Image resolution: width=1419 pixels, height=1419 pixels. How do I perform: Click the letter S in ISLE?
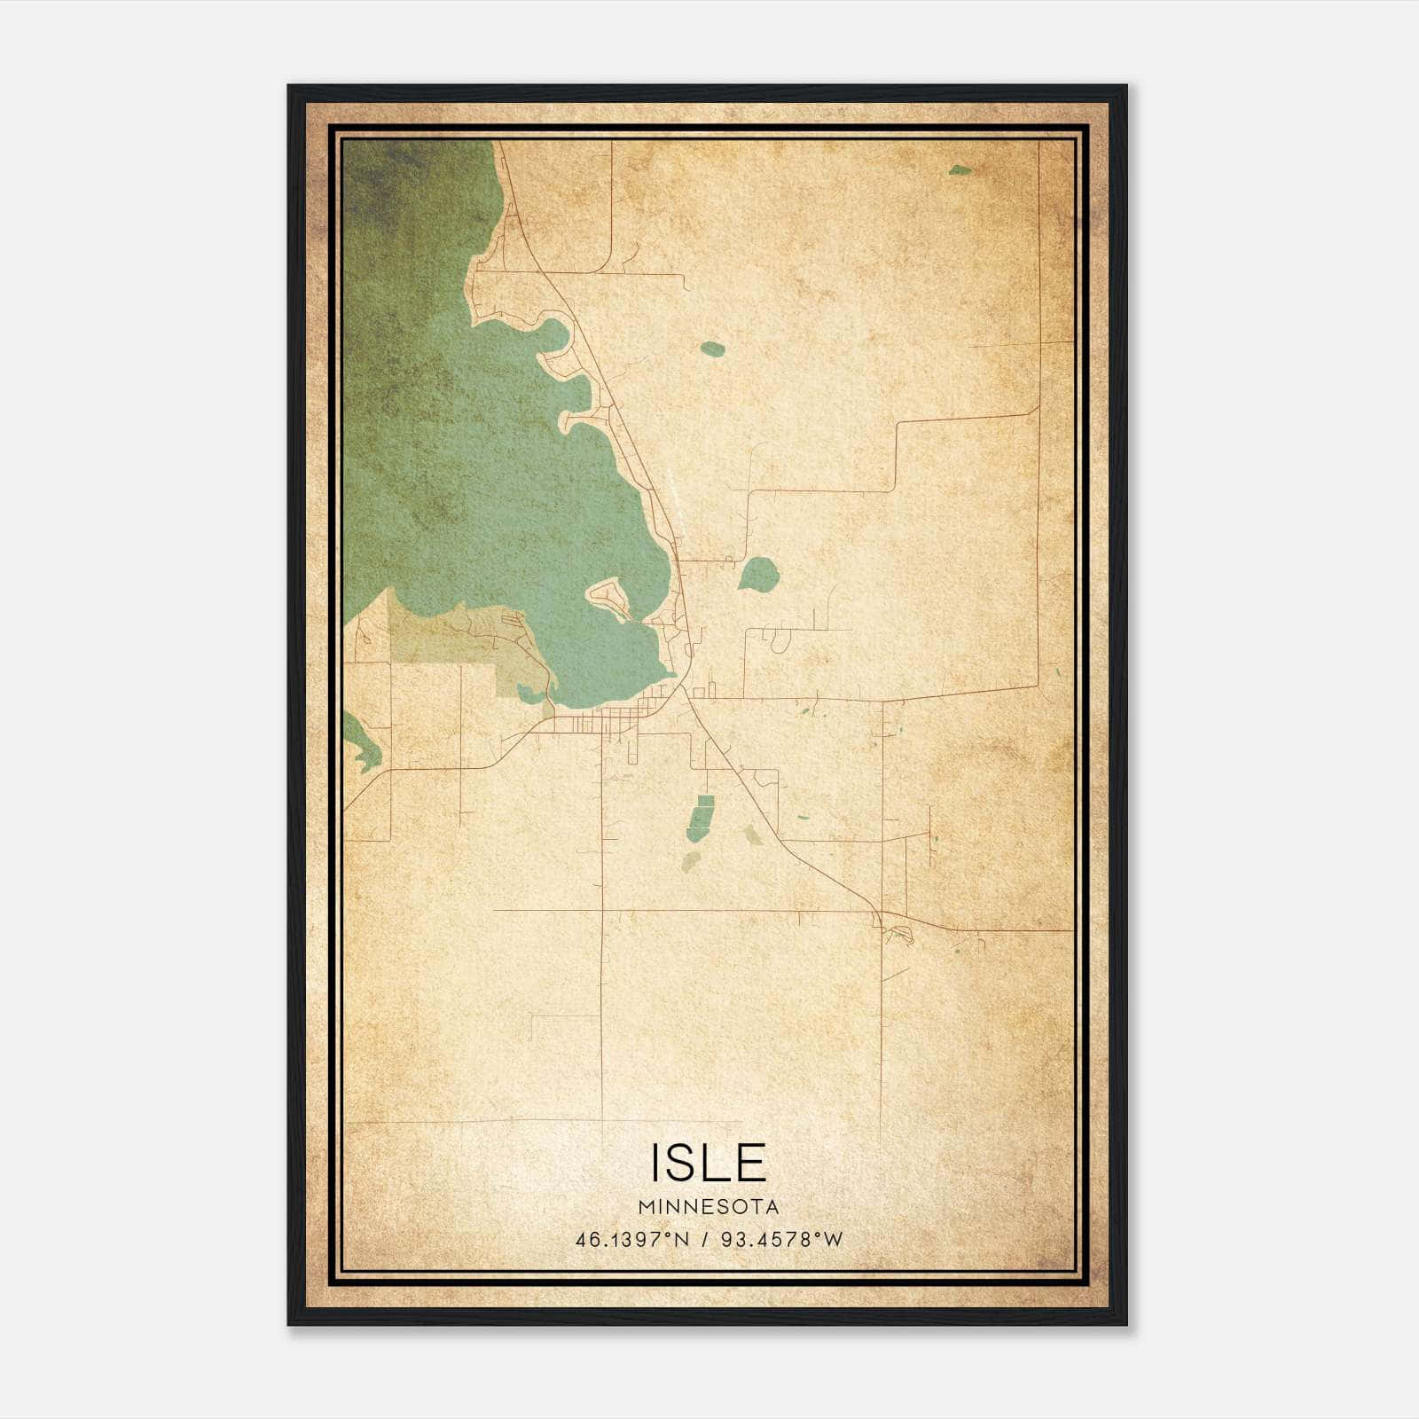[x=687, y=1163]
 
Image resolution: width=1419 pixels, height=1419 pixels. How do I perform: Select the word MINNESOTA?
[x=709, y=1207]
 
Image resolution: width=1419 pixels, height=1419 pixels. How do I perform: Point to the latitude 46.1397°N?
[x=632, y=1240]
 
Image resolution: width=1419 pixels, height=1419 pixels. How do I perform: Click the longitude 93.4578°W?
[x=781, y=1240]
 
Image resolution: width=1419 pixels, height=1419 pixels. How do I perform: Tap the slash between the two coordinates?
[x=705, y=1240]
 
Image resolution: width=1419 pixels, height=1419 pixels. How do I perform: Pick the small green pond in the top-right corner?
[x=960, y=169]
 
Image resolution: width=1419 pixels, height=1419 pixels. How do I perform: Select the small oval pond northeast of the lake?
[x=712, y=349]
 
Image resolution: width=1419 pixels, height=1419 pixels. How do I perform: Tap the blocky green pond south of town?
[x=701, y=818]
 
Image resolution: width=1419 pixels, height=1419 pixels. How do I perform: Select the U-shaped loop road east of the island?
[x=780, y=637]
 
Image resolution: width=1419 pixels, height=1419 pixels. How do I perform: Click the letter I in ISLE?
[x=657, y=1163]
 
